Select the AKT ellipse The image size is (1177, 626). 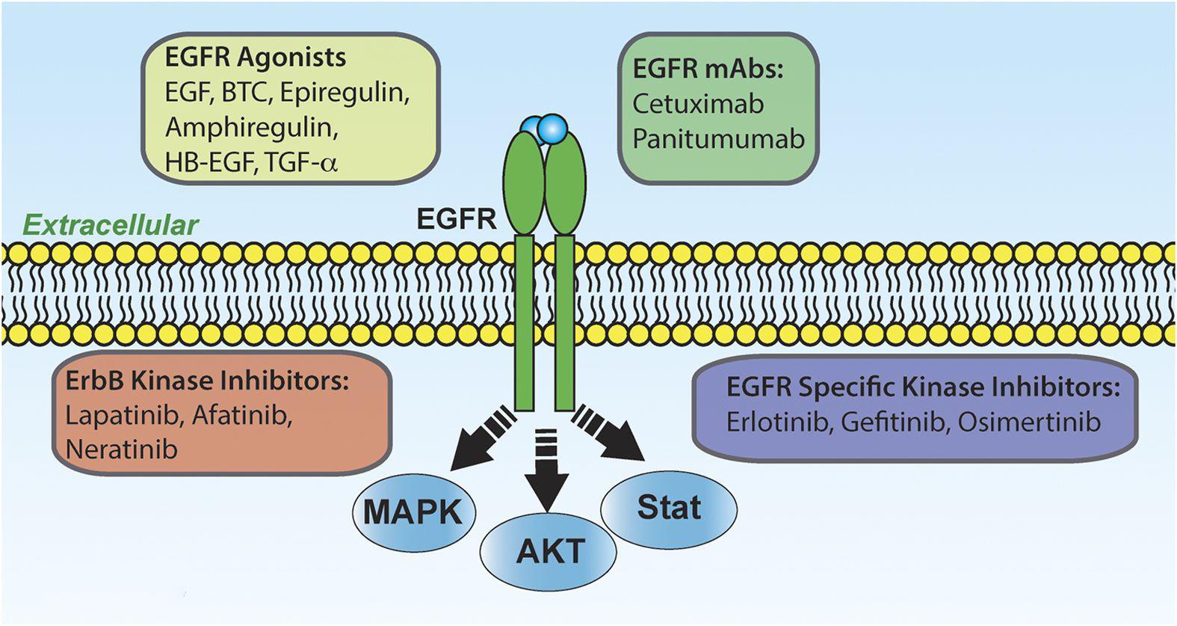coord(549,552)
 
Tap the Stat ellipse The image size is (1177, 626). coord(669,508)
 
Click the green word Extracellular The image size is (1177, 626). coord(111,225)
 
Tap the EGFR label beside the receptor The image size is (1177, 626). coord(457,219)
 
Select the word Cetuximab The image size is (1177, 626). coord(698,104)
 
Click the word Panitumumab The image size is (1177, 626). coord(718,139)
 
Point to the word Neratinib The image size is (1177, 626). coord(122,449)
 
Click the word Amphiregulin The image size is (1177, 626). coord(251,127)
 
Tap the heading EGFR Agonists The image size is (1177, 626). coord(256,57)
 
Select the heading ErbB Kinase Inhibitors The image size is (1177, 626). coord(208,381)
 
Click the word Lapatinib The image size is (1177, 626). coord(123,415)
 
